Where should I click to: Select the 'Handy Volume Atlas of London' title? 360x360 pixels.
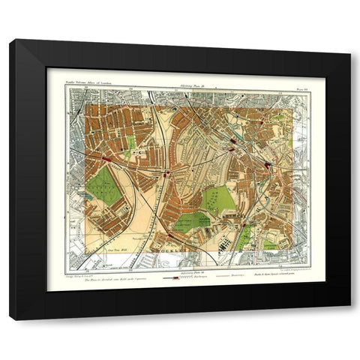(x=94, y=82)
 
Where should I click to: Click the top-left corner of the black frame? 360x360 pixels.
(x=10, y=40)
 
